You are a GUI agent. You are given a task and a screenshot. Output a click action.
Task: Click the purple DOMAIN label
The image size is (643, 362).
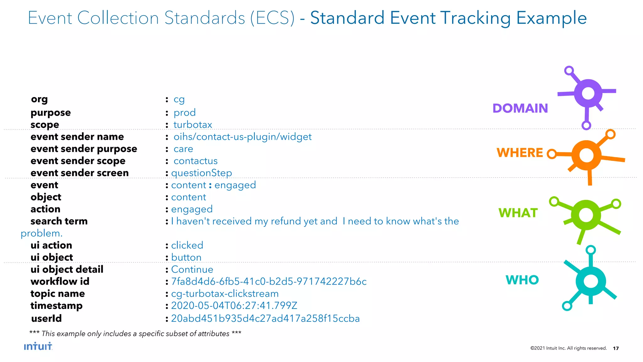pyautogui.click(x=520, y=108)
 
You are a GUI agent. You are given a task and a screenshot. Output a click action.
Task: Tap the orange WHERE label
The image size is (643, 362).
pyautogui.click(x=520, y=153)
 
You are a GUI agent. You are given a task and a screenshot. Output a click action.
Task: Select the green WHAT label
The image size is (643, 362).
pyautogui.click(x=518, y=213)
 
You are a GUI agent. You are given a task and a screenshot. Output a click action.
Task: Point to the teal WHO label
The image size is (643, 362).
pyautogui.click(x=522, y=280)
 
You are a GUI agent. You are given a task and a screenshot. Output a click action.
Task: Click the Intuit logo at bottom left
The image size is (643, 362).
pyautogui.click(x=38, y=346)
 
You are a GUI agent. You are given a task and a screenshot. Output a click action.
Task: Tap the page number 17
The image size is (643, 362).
pyautogui.click(x=616, y=348)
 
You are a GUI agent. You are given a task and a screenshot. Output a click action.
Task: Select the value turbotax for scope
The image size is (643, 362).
pyautogui.click(x=193, y=125)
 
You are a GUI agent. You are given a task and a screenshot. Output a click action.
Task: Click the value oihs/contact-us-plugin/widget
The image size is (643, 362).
pyautogui.click(x=242, y=137)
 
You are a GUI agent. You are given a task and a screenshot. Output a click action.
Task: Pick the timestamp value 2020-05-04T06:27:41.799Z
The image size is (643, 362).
pyautogui.click(x=234, y=305)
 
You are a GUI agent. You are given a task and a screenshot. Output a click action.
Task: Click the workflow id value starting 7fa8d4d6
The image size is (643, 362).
pyautogui.click(x=269, y=281)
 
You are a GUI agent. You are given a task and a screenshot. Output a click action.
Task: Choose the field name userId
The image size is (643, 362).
pyautogui.click(x=46, y=318)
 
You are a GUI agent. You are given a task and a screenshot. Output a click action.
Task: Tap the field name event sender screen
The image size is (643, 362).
pyautogui.click(x=79, y=173)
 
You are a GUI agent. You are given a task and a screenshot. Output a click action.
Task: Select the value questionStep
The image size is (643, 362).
pyautogui.click(x=202, y=173)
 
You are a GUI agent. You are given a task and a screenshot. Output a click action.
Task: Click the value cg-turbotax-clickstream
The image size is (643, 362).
pyautogui.click(x=225, y=293)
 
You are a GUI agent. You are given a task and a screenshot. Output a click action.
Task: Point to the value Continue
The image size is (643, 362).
pyautogui.click(x=192, y=269)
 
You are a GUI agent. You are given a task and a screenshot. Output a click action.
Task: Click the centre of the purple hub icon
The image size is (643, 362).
pyautogui.click(x=588, y=93)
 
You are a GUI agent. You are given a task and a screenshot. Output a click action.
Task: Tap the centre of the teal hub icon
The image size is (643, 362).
pyautogui.click(x=591, y=281)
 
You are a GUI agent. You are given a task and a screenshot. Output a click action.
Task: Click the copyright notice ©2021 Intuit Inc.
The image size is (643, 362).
pyautogui.click(x=568, y=348)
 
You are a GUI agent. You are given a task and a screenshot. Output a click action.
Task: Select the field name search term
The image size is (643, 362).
pyautogui.click(x=59, y=221)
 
